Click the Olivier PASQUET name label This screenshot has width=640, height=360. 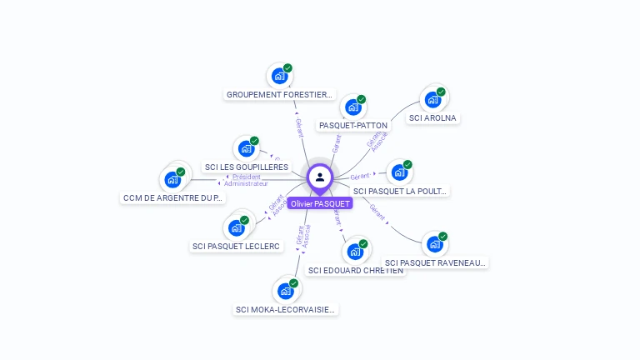click(320, 203)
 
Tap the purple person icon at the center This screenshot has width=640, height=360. click(320, 177)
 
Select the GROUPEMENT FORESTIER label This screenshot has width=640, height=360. click(280, 94)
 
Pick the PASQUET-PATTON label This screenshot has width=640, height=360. click(353, 125)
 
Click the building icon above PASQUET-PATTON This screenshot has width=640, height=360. click(353, 107)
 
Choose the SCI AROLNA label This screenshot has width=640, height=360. click(433, 117)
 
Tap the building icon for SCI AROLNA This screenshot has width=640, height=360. click(432, 100)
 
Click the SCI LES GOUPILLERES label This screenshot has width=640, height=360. click(247, 167)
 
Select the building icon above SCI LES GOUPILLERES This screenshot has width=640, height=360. click(246, 149)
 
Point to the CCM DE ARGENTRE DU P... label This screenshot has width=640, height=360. click(172, 197)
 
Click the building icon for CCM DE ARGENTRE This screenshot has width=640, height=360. click(172, 179)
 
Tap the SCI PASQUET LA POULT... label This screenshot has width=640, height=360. click(400, 191)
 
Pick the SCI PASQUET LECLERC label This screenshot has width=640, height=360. click(236, 246)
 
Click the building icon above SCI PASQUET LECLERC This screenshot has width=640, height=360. click(236, 227)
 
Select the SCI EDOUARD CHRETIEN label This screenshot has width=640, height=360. click(356, 270)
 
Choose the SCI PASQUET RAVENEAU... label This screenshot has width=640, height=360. click(435, 262)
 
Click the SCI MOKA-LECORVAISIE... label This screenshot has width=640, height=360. click(286, 309)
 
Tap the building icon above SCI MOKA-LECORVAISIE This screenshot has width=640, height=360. click(286, 291)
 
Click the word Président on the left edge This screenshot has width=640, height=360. click(247, 177)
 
